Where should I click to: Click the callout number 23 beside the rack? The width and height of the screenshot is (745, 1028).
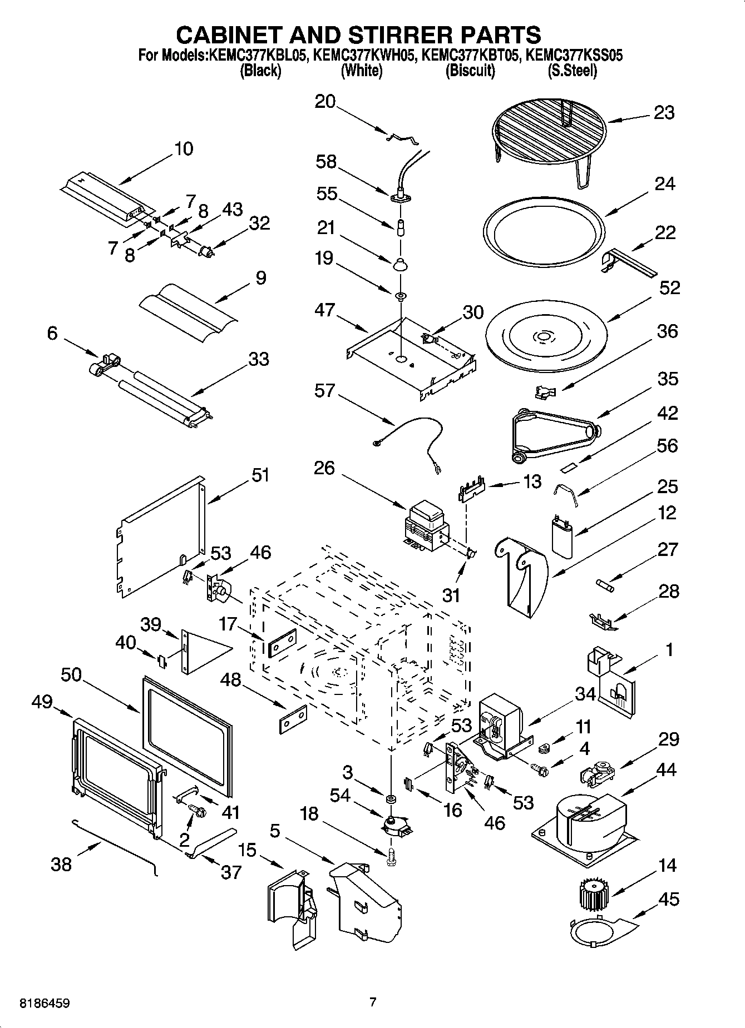[x=664, y=113]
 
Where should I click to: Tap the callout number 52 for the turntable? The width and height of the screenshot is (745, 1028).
[x=669, y=288]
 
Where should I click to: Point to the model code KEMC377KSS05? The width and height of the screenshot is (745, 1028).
[x=574, y=56]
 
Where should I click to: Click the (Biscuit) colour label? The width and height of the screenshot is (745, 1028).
[x=470, y=71]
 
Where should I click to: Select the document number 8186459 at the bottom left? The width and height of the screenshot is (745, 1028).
[x=45, y=1004]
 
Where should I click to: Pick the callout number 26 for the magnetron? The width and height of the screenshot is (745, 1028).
[x=324, y=468]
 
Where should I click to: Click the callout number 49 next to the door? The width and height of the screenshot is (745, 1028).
[x=42, y=702]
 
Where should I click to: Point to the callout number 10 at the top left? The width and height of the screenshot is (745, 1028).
[x=184, y=149]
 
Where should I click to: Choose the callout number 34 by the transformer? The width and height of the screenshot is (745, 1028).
[x=585, y=694]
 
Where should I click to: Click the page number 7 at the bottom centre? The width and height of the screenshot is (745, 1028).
[x=373, y=1002]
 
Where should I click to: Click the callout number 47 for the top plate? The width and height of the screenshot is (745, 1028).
[x=324, y=310]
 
